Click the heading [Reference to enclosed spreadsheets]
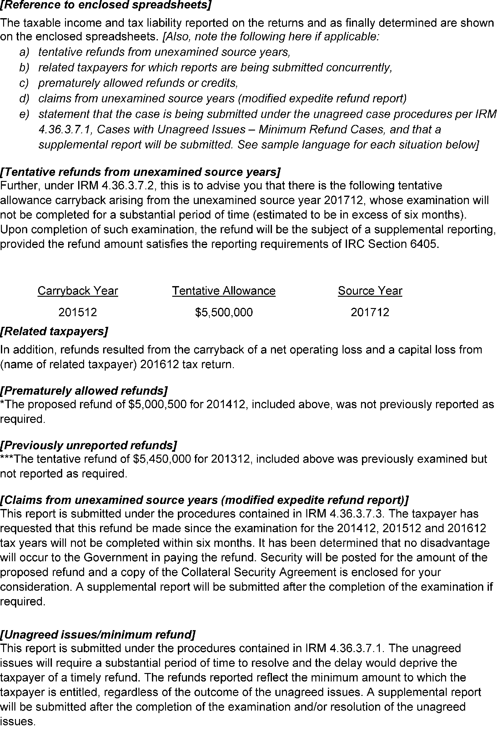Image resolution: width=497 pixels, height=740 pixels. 106,5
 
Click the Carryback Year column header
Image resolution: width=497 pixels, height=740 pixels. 78,291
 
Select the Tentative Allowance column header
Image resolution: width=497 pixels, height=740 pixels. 224,291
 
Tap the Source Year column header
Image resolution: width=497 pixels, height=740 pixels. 370,291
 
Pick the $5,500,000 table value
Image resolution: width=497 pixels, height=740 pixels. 224,312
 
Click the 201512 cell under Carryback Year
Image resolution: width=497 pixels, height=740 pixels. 78,312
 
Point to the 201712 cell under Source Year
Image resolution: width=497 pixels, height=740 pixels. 370,312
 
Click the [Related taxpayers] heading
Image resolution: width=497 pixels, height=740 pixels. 54,331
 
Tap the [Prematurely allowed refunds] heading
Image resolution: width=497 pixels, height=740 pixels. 84,390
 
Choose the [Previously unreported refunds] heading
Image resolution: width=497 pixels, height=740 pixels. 88,445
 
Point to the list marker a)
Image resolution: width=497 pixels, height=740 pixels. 24,52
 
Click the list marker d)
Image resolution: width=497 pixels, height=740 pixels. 24,99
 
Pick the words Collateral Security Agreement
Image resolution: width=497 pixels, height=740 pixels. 259,572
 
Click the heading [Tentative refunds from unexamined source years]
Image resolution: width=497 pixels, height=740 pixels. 140,172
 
